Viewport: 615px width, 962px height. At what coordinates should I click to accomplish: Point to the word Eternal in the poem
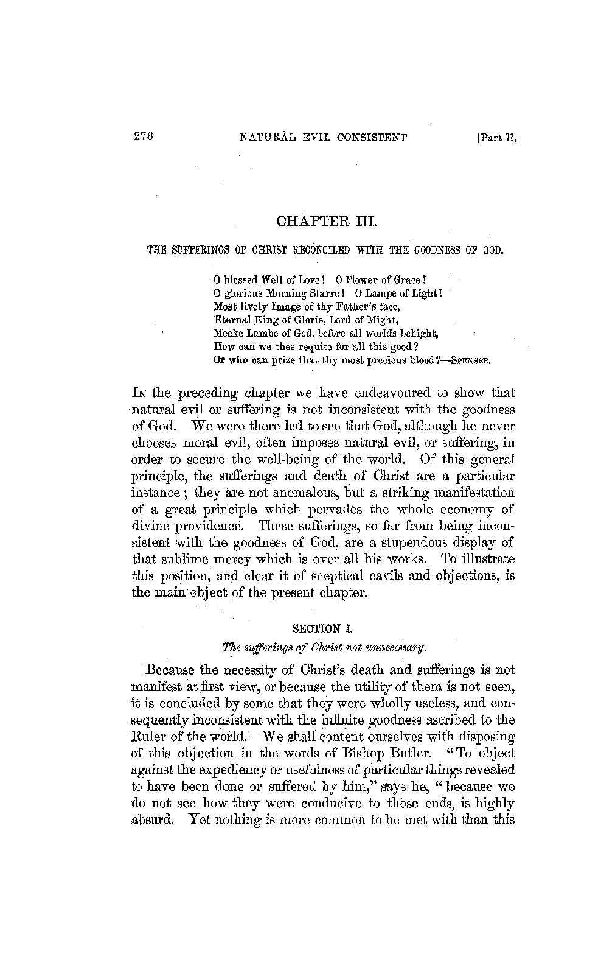pyautogui.click(x=230, y=320)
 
